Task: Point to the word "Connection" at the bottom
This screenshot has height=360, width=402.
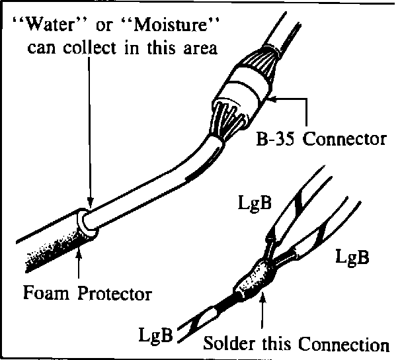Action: (344, 344)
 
